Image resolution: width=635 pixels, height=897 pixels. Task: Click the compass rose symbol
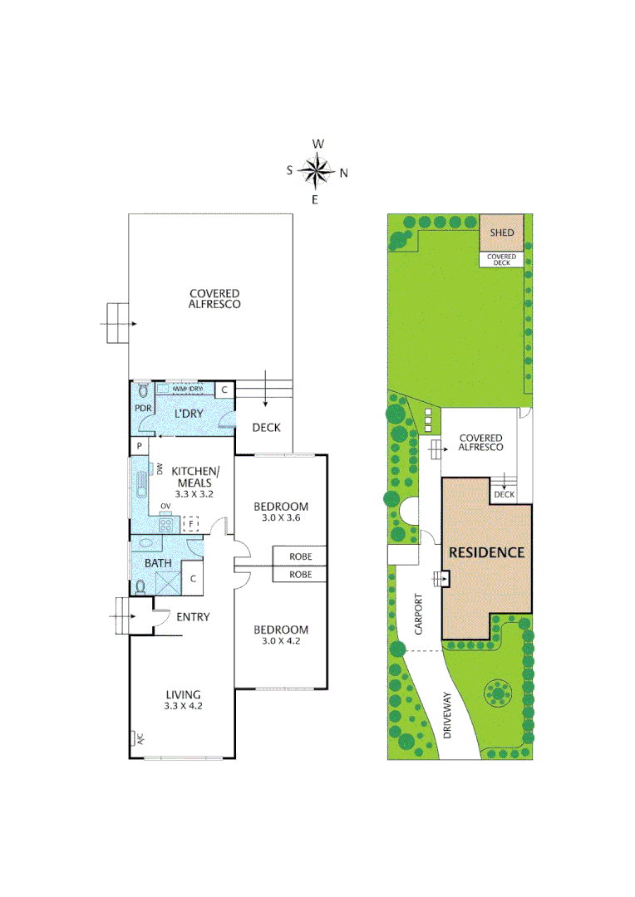click(316, 172)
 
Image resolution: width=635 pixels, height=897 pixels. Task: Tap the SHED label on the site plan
click(501, 233)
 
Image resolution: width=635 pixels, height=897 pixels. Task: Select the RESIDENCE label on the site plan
click(486, 552)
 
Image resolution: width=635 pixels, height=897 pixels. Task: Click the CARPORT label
click(418, 613)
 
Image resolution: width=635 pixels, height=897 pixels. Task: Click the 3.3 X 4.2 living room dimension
click(183, 706)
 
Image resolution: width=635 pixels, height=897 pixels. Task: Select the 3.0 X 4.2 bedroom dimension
click(280, 641)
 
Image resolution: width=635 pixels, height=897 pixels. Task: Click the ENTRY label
click(193, 617)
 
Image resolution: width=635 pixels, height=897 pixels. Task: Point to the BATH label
click(158, 564)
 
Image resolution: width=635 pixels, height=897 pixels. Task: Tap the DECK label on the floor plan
click(266, 428)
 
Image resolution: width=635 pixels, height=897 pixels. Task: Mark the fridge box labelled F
click(191, 524)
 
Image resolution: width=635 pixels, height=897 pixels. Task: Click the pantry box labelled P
click(139, 447)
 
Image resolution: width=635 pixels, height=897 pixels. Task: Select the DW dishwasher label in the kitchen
click(159, 470)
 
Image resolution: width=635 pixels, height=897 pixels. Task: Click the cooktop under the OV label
click(166, 525)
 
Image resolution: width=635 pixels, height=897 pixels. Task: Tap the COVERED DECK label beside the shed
click(501, 259)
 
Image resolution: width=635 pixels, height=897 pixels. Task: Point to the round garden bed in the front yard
click(498, 692)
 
